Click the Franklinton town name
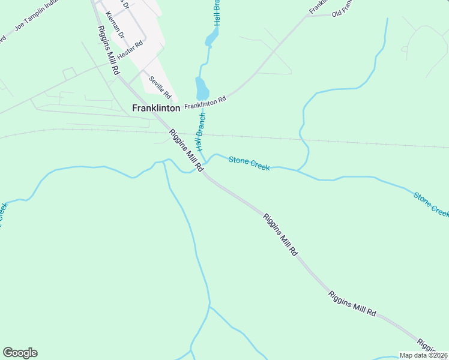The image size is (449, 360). point(156,109)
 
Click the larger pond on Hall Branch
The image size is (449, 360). point(202,88)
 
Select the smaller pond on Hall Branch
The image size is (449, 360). point(211,40)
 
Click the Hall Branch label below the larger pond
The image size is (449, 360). point(199,131)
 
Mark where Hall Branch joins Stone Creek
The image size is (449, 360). point(206,162)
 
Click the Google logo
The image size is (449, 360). point(20,353)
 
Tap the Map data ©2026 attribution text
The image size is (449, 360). point(423,355)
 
